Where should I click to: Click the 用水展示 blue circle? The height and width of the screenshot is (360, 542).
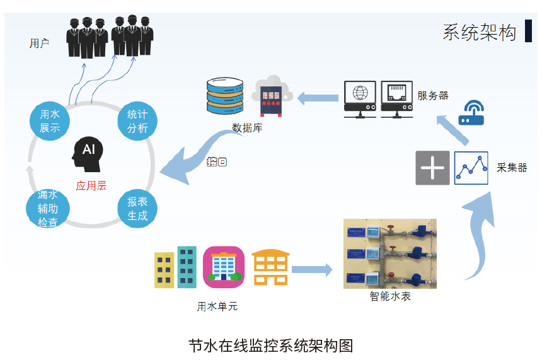pyautogui.click(x=49, y=121)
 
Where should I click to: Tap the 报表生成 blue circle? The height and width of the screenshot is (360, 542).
pyautogui.click(x=137, y=209)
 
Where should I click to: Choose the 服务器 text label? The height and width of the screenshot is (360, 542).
pyautogui.click(x=433, y=95)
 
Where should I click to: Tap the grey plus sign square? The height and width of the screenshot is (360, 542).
pyautogui.click(x=432, y=168)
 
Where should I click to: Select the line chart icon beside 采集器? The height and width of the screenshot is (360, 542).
pyautogui.click(x=471, y=168)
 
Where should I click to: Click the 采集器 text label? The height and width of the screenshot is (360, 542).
pyautogui.click(x=512, y=168)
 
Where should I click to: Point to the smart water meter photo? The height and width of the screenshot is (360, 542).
pyautogui.click(x=389, y=253)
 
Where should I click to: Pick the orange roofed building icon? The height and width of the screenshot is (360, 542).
pyautogui.click(x=270, y=267)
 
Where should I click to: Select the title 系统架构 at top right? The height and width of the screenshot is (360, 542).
pyautogui.click(x=479, y=32)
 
